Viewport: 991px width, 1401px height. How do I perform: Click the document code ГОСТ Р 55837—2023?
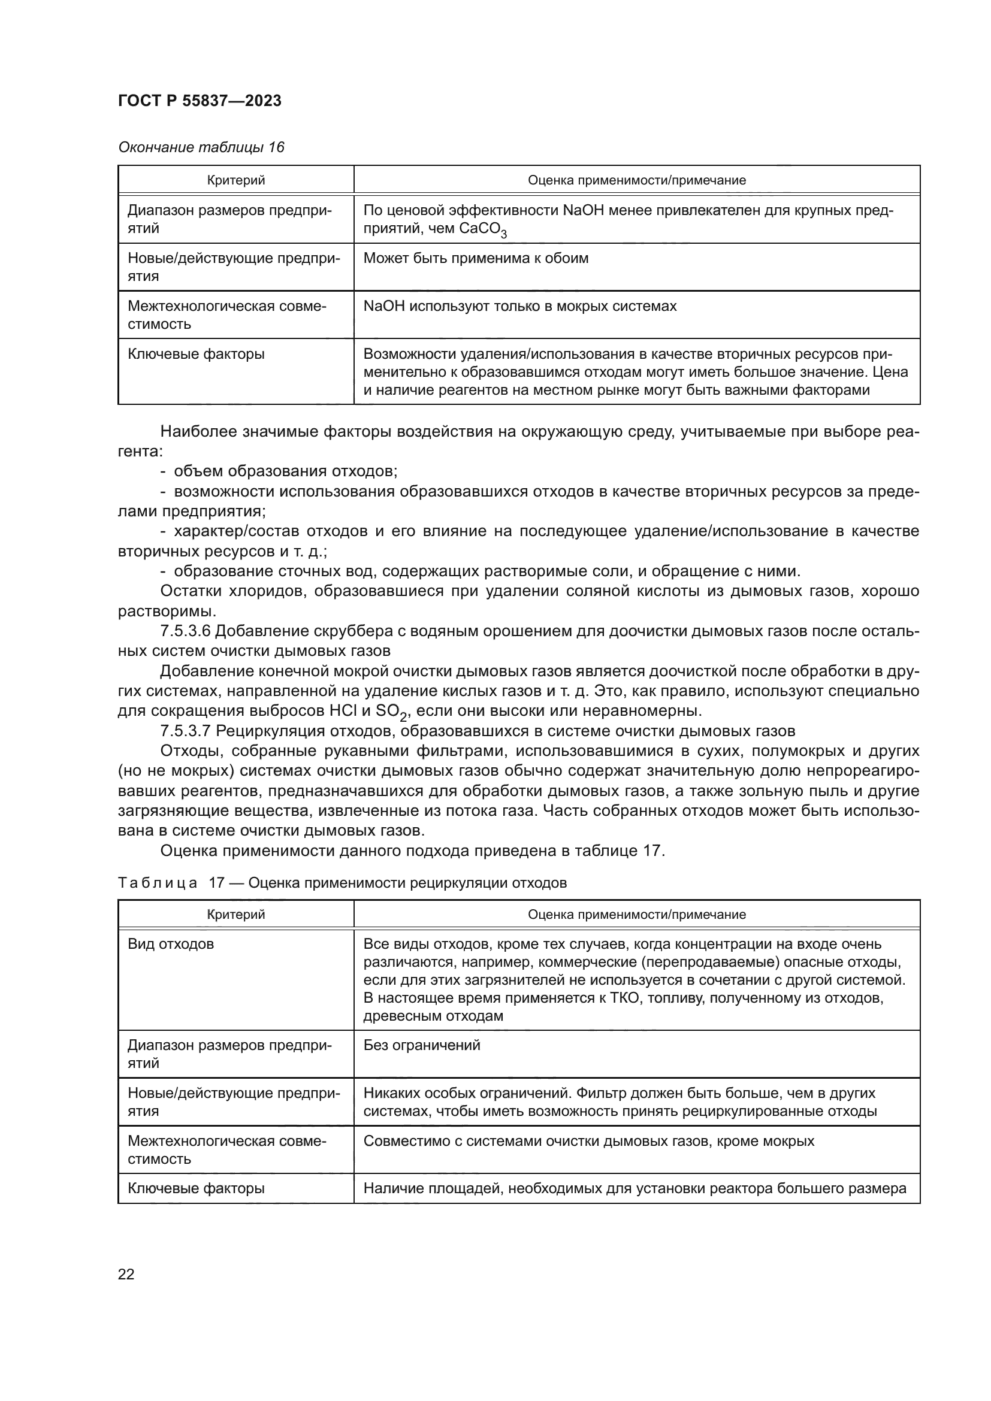(x=200, y=101)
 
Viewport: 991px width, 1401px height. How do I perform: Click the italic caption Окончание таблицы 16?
(x=201, y=148)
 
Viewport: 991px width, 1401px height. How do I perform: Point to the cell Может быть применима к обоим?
(x=475, y=258)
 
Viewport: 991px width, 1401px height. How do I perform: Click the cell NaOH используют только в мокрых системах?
(x=519, y=306)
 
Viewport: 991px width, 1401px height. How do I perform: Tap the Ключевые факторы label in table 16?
(x=196, y=355)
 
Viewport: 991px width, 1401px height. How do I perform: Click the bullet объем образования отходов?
(x=286, y=471)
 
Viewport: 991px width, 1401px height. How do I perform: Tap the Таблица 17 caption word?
(x=158, y=883)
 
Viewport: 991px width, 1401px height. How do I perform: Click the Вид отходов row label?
(x=170, y=945)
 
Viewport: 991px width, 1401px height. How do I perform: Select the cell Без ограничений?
(x=422, y=1045)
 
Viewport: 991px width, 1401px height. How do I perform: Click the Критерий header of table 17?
(x=235, y=914)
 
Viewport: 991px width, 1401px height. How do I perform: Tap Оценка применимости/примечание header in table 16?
(x=636, y=181)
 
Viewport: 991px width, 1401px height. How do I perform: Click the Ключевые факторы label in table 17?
(x=196, y=1188)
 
